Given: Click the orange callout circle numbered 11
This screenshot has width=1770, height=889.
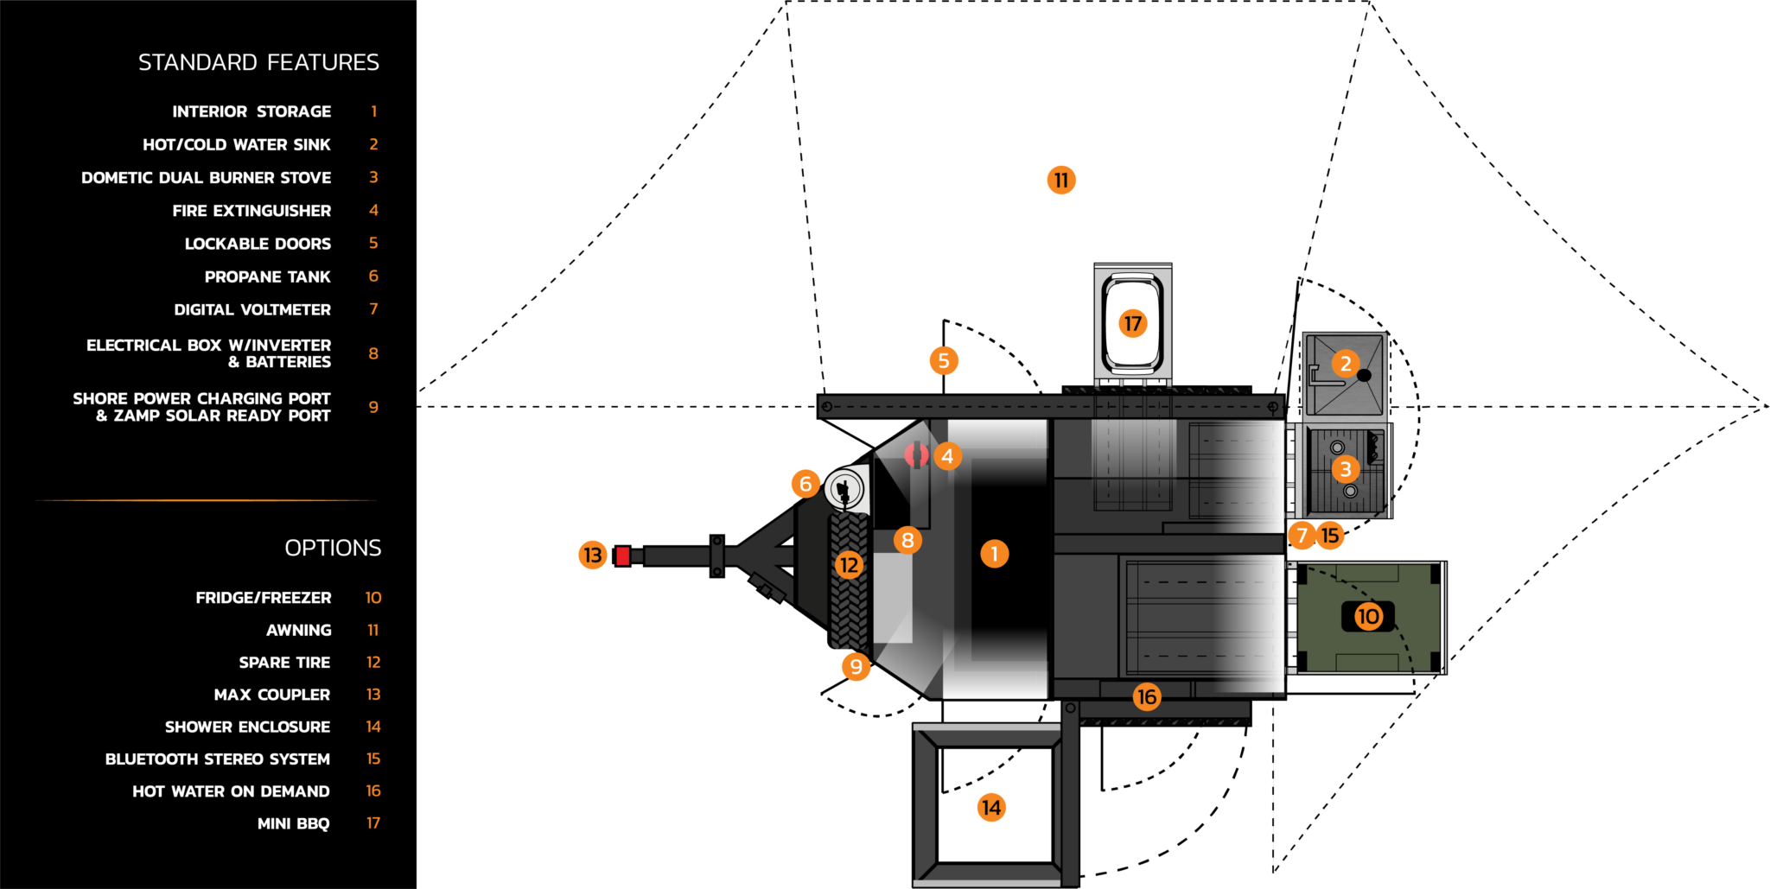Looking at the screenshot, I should (x=1061, y=180).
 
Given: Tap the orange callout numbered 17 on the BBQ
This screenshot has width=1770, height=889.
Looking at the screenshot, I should (x=1132, y=323).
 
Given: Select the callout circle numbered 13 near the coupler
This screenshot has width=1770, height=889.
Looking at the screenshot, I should (x=593, y=555).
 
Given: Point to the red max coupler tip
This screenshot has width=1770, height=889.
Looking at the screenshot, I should (x=623, y=556).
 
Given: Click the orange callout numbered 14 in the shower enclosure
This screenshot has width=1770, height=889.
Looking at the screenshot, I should (x=991, y=807).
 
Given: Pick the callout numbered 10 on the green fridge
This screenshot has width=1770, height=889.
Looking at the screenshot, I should (x=1368, y=616).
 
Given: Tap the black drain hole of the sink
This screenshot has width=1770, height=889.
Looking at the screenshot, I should (x=1364, y=375).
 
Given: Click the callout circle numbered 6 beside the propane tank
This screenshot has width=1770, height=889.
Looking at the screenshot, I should (x=805, y=484).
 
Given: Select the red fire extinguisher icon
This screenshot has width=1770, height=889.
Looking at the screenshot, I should (x=916, y=454).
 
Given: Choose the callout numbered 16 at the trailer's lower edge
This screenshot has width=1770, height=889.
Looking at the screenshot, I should (x=1147, y=696).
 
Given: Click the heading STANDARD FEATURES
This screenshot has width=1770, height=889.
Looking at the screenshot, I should (x=258, y=62).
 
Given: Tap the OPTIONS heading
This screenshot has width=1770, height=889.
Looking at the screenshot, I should (x=333, y=548).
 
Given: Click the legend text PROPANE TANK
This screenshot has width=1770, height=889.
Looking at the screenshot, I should (x=267, y=276).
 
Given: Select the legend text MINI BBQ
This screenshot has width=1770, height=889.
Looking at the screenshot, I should (x=293, y=823).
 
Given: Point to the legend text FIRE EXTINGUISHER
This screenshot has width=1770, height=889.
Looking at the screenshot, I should (x=251, y=211).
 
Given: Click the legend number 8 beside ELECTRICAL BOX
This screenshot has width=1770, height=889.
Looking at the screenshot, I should (x=373, y=353).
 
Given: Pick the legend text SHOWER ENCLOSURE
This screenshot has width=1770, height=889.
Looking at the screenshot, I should (x=247, y=727).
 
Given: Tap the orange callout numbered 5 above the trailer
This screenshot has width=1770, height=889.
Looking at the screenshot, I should (x=944, y=360).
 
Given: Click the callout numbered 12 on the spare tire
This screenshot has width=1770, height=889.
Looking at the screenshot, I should (x=850, y=565).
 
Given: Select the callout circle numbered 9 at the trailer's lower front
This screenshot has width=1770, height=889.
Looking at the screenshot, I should (x=856, y=666).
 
